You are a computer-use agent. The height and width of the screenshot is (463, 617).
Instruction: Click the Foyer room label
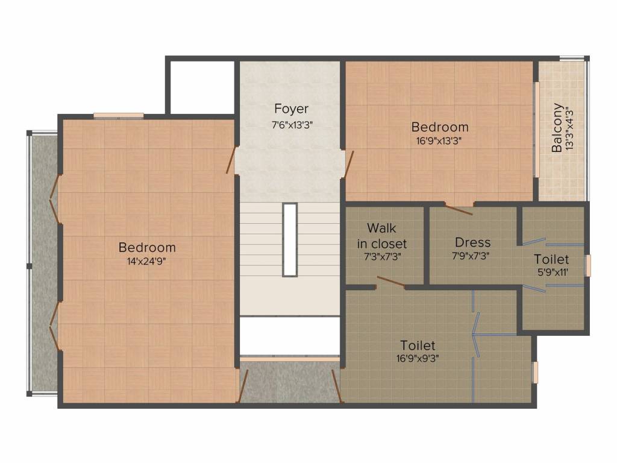point(291,109)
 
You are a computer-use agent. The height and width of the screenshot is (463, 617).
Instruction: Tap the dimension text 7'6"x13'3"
point(292,125)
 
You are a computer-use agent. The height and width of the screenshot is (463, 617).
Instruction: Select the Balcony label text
point(557,128)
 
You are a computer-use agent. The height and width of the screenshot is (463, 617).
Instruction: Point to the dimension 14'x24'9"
point(146,261)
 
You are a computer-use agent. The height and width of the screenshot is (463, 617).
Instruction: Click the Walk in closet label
point(381,236)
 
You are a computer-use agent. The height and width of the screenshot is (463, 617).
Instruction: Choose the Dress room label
point(472,242)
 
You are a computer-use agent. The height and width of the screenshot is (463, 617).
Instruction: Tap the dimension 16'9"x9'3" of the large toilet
point(418,358)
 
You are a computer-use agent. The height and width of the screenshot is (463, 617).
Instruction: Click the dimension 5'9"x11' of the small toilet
point(553,272)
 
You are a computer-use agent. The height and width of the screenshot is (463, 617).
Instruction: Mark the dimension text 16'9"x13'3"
point(439,140)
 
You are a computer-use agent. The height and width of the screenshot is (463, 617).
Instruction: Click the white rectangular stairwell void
point(290,240)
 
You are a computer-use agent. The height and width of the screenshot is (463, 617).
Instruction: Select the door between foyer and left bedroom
point(231,160)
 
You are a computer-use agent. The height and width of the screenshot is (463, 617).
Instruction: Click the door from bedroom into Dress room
point(459,209)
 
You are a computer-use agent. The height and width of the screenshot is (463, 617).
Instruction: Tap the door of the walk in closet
point(391,282)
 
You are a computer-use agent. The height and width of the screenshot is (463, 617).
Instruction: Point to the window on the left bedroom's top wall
point(119,115)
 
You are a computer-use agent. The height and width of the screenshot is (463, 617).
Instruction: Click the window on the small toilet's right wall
point(588,266)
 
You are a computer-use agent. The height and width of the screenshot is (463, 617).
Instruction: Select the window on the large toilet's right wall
point(535,373)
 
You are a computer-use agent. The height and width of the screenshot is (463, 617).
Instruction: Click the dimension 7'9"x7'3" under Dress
point(471,256)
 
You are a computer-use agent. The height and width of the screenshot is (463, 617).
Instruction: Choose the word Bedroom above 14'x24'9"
point(147,247)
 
